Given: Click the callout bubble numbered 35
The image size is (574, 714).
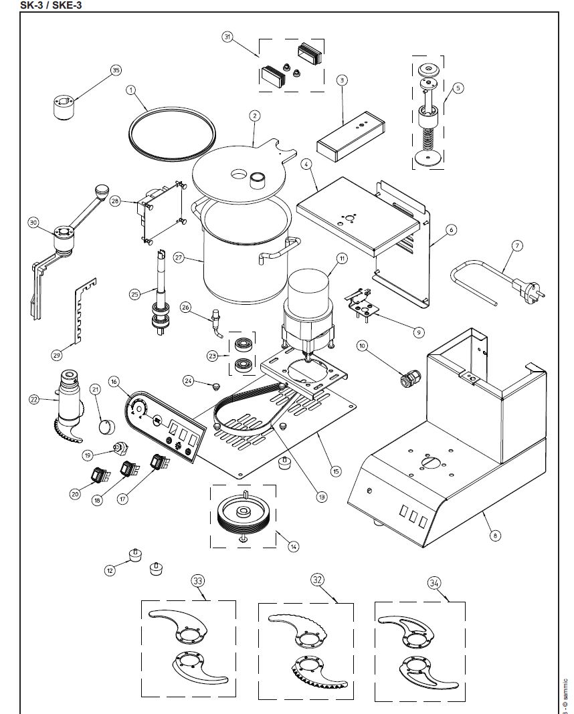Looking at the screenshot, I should click(116, 70).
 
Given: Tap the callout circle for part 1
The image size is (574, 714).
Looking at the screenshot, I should click(131, 89).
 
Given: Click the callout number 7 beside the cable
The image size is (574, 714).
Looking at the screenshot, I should click(516, 245).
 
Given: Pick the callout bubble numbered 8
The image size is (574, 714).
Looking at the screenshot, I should click(494, 534).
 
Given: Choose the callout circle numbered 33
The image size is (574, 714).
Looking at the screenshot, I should click(197, 580).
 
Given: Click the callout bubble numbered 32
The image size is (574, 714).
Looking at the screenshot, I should click(317, 579).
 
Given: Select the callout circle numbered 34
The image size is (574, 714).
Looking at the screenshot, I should click(434, 582).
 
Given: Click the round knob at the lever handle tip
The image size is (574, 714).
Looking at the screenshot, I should click(102, 191).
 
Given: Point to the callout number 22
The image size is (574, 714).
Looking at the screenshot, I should click(33, 399).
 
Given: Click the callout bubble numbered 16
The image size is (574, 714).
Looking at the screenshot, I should click(114, 382).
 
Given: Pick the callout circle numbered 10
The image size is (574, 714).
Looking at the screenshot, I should click(363, 346).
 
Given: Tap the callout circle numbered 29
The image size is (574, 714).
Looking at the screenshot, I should click(56, 354).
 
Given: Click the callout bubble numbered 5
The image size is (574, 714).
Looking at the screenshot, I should click(458, 88).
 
